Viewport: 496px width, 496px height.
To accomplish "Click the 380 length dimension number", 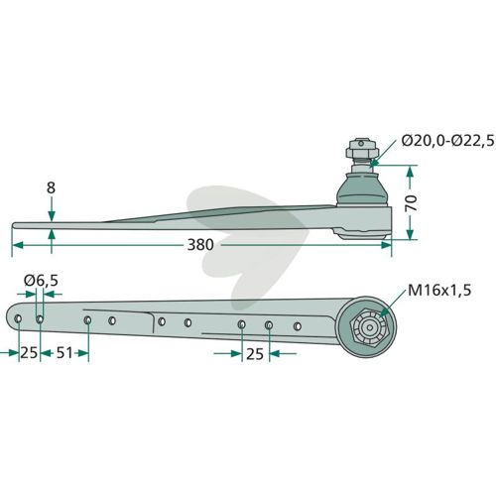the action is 200,245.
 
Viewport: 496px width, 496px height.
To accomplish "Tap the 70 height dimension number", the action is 412,203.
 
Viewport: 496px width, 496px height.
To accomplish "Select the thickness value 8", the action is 51,188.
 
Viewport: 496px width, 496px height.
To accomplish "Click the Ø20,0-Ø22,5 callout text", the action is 447,141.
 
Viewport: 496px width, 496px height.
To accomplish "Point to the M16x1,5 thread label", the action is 439,291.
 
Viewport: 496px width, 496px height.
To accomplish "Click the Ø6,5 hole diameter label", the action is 41,281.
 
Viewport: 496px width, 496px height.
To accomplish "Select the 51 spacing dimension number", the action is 64,353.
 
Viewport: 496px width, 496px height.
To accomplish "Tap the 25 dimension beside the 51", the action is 29,353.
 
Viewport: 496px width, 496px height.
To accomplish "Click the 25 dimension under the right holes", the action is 255,354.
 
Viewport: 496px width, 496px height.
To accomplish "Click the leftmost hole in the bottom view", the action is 18,318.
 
